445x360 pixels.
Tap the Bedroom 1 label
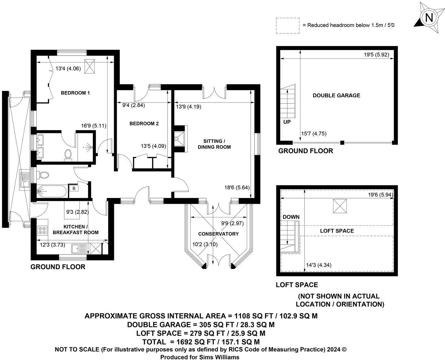pyautogui.click(x=75, y=93)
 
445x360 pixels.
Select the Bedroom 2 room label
pyautogui.click(x=144, y=123)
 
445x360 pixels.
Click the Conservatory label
pyautogui.click(x=218, y=234)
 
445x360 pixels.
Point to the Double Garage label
pyautogui.click(x=336, y=95)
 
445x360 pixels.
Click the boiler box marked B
pyautogui.click(x=74, y=188)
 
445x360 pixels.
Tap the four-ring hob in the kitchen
pyautogui.click(x=43, y=230)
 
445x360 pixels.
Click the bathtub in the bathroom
pyautogui.click(x=52, y=191)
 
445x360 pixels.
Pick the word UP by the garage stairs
pyautogui.click(x=287, y=122)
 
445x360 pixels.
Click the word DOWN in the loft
pyautogui.click(x=291, y=217)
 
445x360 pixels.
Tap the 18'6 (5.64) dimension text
pyautogui.click(x=237, y=188)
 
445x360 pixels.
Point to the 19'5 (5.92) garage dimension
pyautogui.click(x=376, y=55)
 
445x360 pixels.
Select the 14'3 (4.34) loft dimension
pyautogui.click(x=319, y=265)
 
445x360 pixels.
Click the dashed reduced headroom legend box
pyautogui.click(x=288, y=26)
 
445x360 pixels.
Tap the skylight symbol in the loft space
pyautogui.click(x=340, y=206)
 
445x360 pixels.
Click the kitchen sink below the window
pyautogui.click(x=79, y=249)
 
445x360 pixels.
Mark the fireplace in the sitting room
pyautogui.click(x=180, y=139)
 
